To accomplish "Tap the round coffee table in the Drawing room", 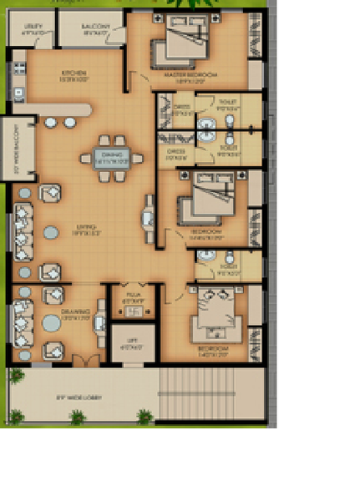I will (x=52, y=322).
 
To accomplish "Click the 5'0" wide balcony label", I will (x=8, y=150).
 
